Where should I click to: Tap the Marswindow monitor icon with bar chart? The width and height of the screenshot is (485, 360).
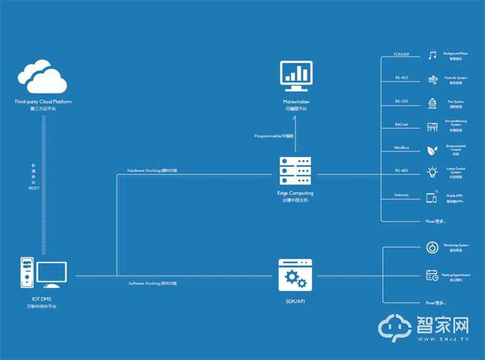click(x=295, y=74)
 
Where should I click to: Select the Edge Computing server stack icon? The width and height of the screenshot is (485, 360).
click(x=295, y=172)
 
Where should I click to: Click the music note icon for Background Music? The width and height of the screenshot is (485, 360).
click(x=432, y=56)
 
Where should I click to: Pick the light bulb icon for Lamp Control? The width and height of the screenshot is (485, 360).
click(x=432, y=172)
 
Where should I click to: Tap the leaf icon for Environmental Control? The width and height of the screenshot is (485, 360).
click(x=432, y=149)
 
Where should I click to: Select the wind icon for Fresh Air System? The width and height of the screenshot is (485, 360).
click(x=432, y=79)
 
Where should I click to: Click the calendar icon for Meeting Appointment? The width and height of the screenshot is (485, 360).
click(x=432, y=275)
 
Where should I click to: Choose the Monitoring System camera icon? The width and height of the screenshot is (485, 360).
click(x=432, y=247)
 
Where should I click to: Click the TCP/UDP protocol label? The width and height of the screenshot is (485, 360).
click(x=401, y=54)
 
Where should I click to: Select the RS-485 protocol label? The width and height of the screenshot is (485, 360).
click(x=401, y=171)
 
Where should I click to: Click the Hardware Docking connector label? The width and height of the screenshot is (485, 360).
click(x=152, y=170)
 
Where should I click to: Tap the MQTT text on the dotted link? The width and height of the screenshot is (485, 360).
click(x=34, y=189)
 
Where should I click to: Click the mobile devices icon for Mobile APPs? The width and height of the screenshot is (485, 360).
click(x=432, y=198)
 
